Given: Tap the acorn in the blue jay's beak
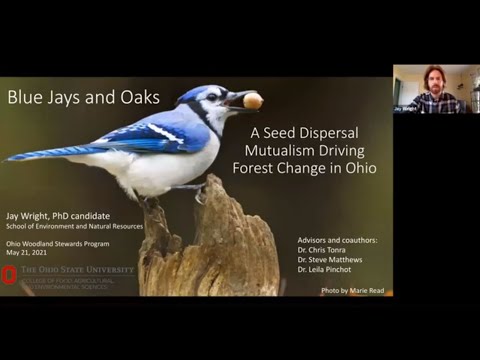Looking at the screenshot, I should [253, 100].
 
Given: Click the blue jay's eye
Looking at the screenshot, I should [214, 97].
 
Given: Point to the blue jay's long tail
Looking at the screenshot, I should [50, 152].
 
